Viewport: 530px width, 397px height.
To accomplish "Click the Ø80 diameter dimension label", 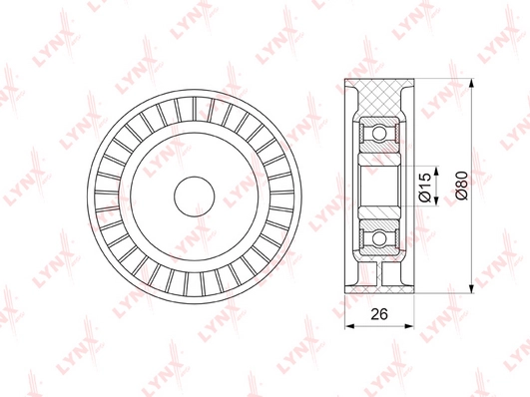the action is [462, 186].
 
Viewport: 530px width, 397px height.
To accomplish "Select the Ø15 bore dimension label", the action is [424, 188].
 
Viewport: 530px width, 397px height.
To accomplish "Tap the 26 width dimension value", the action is [379, 314].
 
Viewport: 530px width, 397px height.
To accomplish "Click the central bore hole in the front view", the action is [195, 196].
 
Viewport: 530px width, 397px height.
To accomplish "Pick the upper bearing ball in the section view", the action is [379, 134].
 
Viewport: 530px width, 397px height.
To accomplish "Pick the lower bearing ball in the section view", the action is [379, 237].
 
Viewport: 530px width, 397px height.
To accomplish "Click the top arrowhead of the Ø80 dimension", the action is [471, 84].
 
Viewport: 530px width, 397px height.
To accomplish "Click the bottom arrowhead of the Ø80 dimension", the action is [471, 288].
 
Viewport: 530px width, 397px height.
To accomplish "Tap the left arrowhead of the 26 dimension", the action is [349, 326].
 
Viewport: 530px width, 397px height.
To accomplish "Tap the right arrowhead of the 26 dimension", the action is [409, 326].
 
